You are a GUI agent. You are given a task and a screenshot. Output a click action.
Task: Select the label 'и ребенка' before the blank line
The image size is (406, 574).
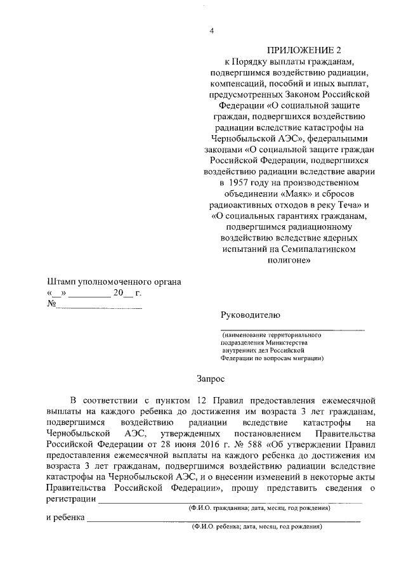click(x=65, y=518)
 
